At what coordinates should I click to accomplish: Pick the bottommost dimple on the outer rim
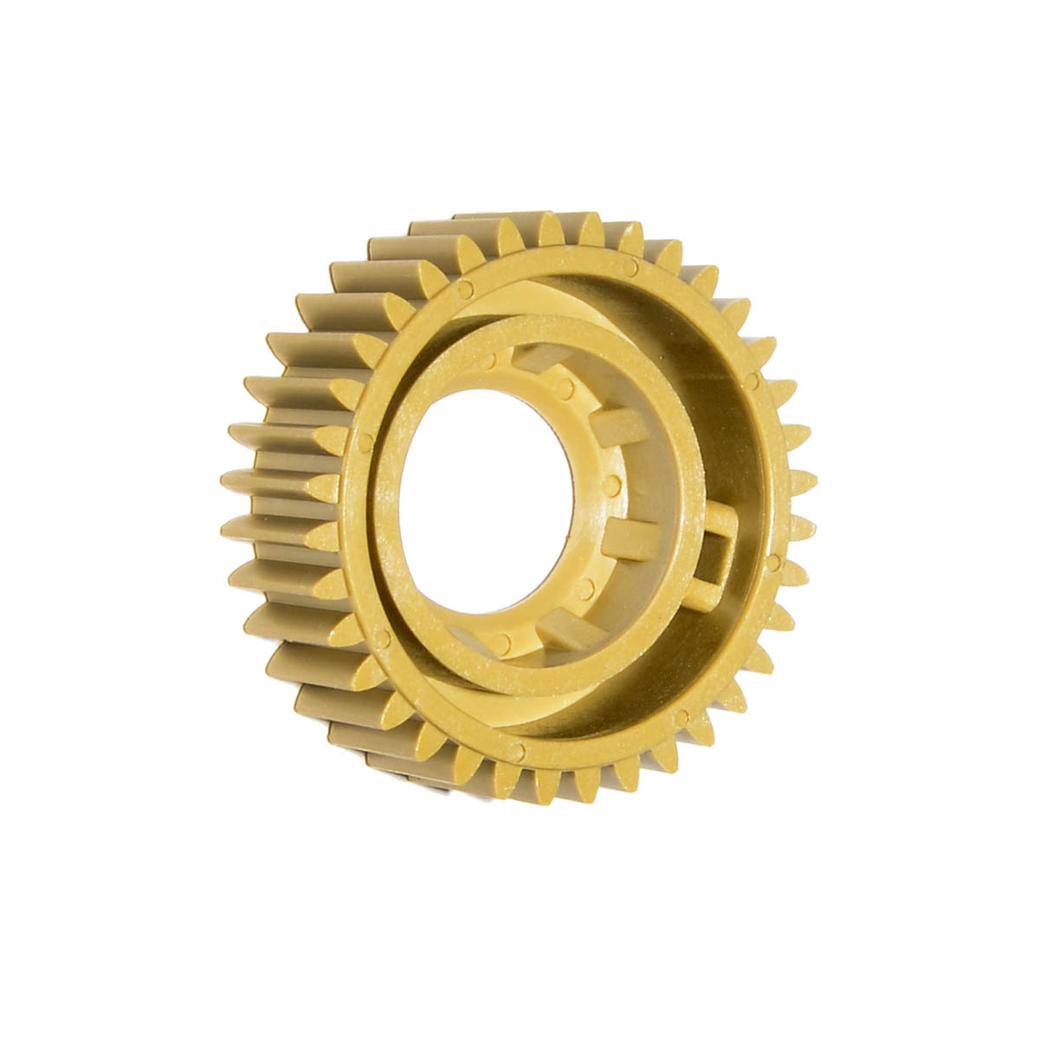click(518, 745)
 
